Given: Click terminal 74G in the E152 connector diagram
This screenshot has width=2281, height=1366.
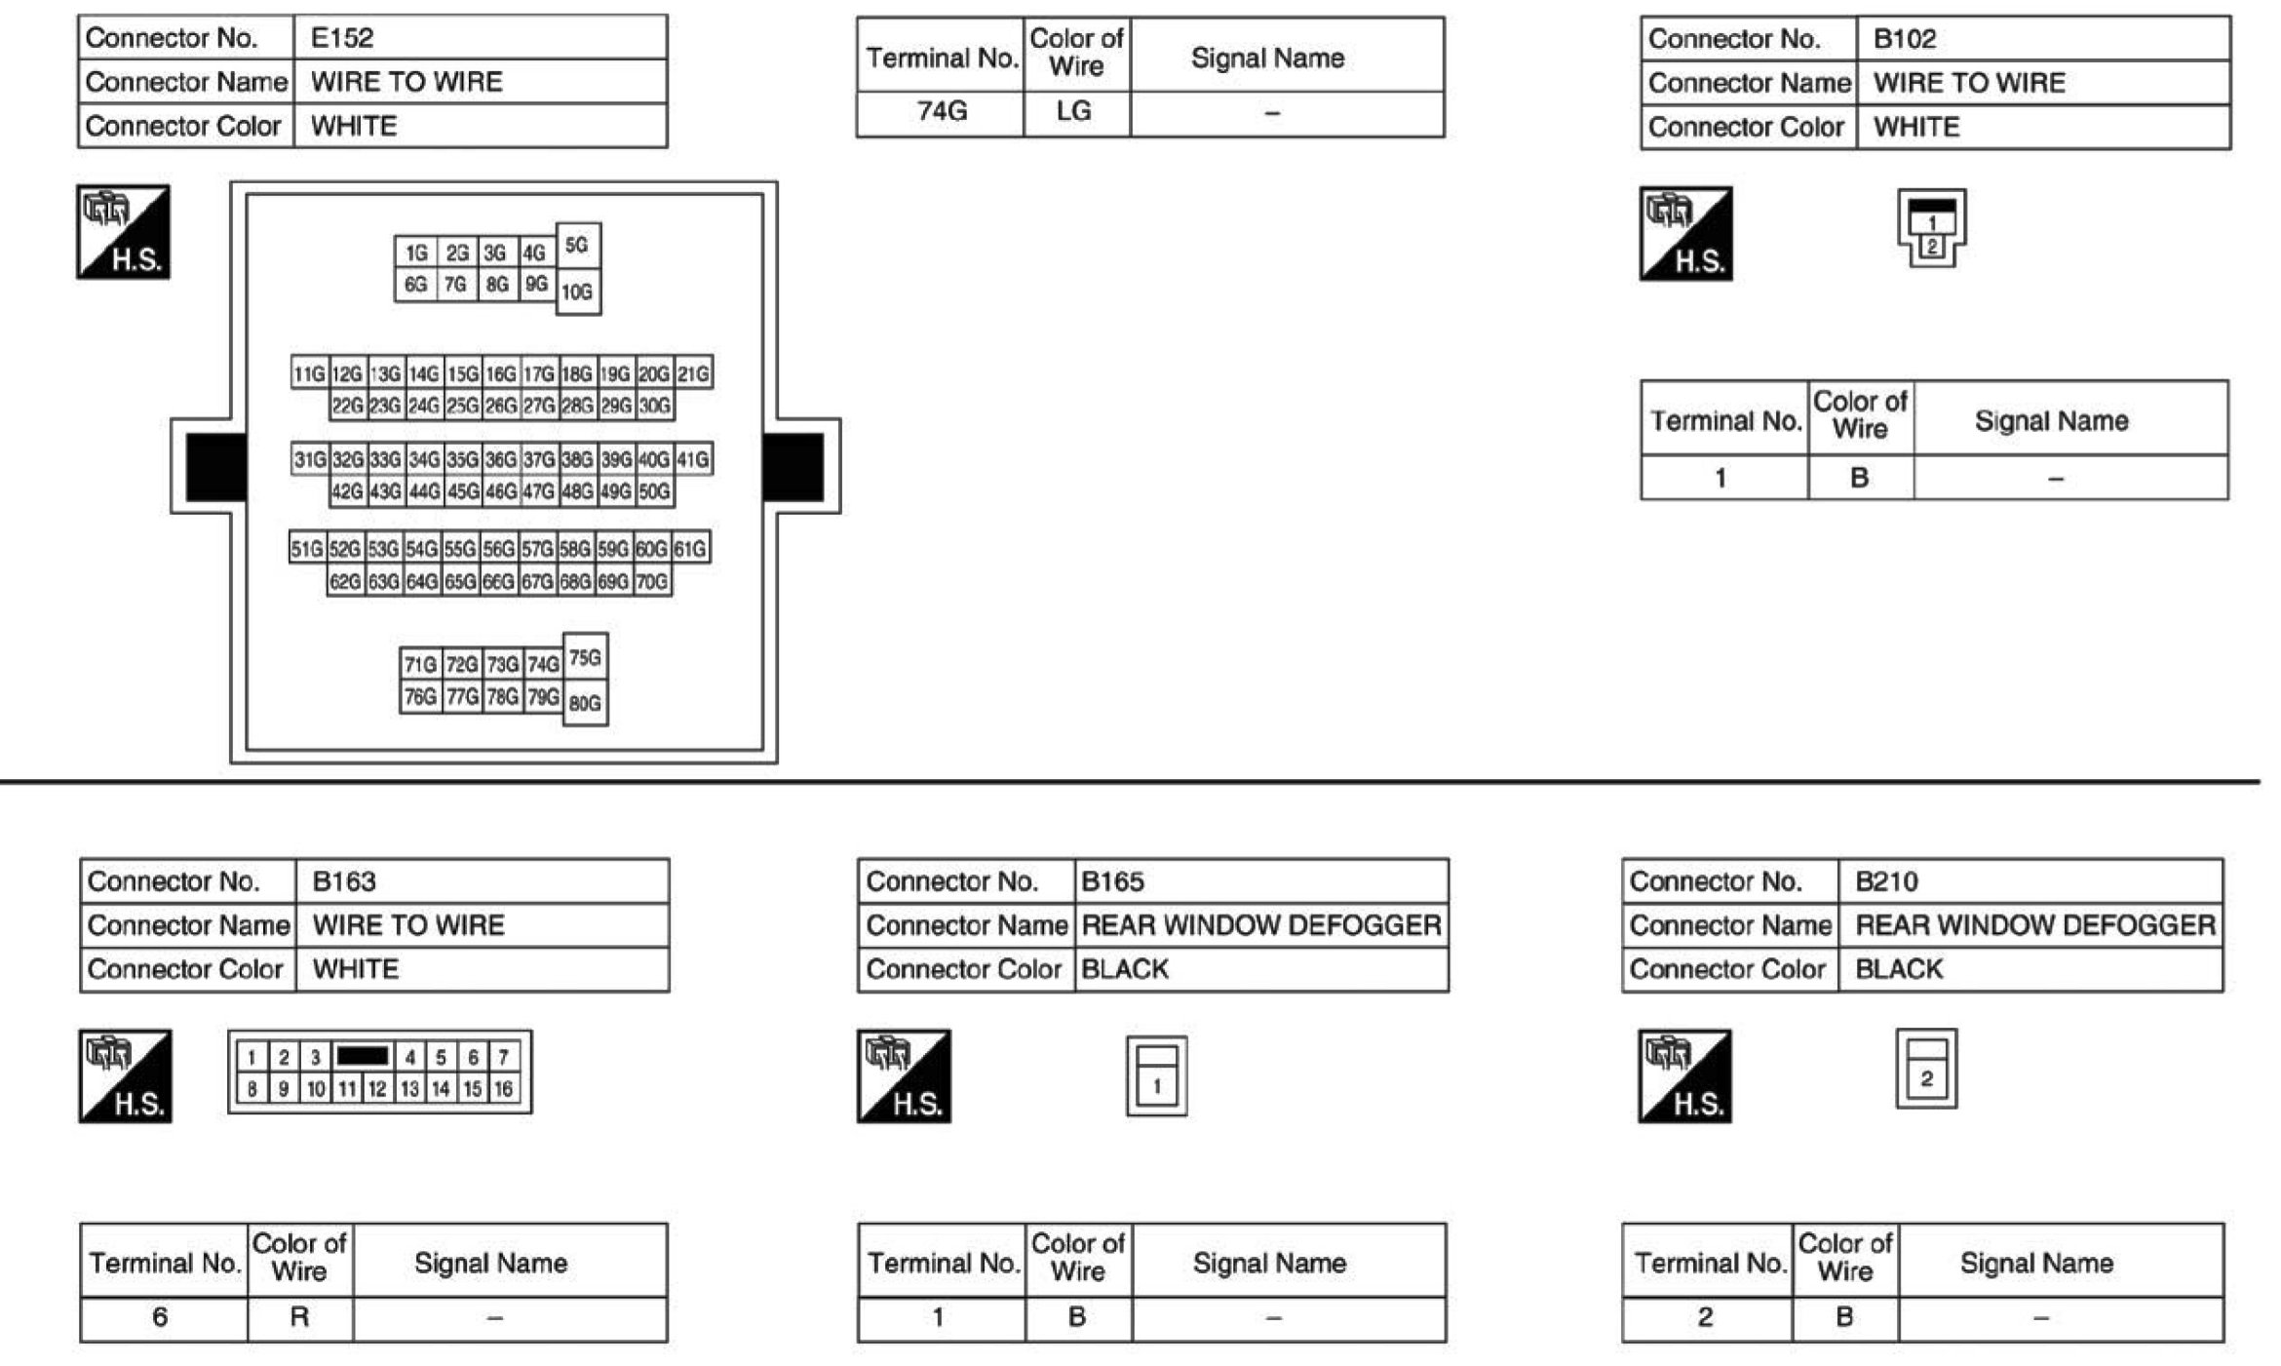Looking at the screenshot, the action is (543, 665).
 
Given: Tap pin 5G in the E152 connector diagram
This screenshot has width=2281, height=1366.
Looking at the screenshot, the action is (578, 245).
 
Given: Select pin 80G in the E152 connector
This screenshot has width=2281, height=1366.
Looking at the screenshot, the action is (585, 703).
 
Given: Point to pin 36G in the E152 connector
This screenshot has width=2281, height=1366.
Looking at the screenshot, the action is (501, 459).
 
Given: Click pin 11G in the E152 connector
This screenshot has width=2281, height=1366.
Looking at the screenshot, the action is (309, 373).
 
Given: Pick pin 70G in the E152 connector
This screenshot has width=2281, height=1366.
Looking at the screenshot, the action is (653, 582).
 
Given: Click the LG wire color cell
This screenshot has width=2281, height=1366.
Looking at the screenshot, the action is (1076, 112).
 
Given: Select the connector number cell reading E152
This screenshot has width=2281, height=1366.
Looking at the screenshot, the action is (481, 38).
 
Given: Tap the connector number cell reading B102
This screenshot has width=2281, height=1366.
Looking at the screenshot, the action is (2043, 39).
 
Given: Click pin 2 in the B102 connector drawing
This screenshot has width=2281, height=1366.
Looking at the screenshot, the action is (1931, 247).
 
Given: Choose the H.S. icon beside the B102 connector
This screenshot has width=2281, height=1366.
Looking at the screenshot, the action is (1685, 234).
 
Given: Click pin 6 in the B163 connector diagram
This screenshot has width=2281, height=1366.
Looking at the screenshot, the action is (473, 1057).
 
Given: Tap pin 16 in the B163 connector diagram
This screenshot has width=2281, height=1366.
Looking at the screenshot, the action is (503, 1088).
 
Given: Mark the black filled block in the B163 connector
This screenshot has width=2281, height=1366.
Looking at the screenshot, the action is (363, 1056).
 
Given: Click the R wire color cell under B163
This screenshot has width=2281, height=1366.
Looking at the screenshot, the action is (300, 1318).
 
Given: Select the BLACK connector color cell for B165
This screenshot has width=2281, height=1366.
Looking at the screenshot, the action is (1261, 969).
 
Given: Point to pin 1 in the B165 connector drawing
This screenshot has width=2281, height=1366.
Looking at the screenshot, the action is (1157, 1086).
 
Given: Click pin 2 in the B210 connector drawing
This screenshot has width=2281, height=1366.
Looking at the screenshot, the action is (1926, 1078).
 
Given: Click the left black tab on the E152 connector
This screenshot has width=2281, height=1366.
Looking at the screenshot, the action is (215, 467).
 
